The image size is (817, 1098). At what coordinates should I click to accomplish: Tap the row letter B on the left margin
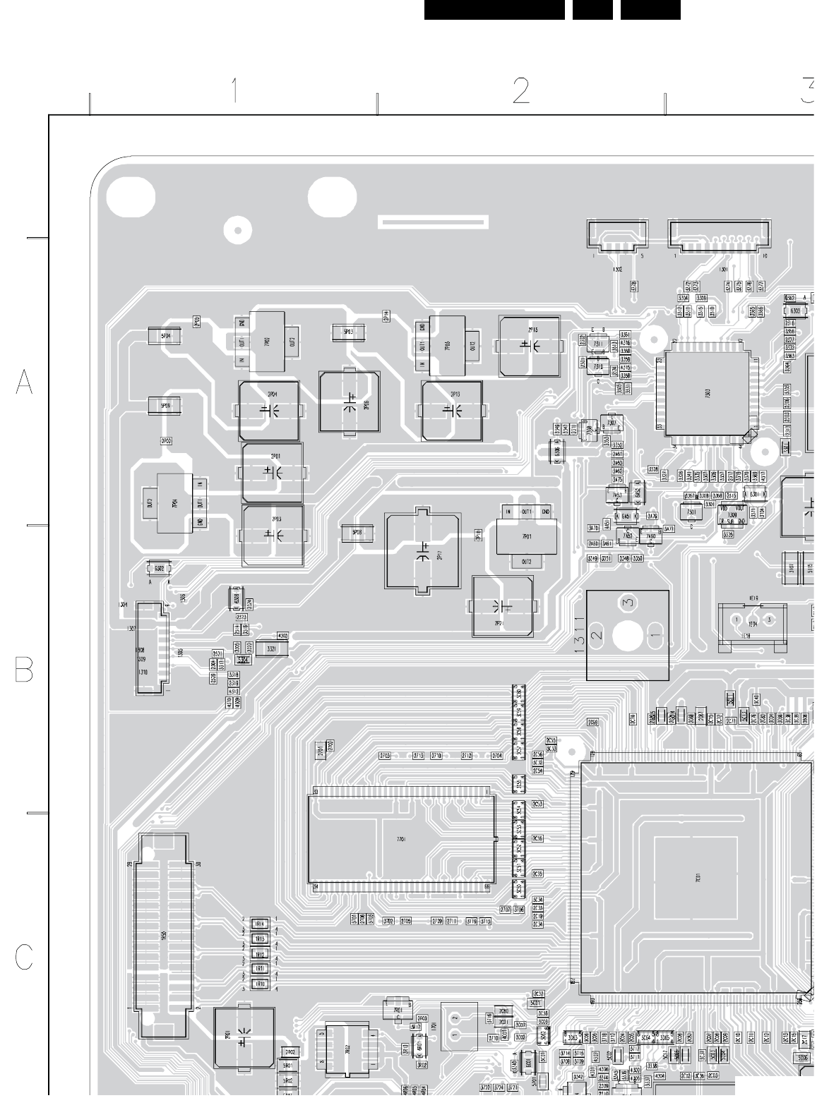(24, 670)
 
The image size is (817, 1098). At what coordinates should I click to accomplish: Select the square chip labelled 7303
(707, 393)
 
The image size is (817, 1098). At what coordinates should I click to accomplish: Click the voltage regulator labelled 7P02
(267, 342)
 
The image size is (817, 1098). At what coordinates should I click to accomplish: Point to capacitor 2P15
(529, 346)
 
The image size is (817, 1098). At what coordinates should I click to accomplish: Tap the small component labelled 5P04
(165, 337)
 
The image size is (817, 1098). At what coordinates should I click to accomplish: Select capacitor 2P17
(422, 551)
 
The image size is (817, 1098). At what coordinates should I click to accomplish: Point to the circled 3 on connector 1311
(628, 603)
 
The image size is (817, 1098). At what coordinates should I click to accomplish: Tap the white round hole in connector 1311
(627, 637)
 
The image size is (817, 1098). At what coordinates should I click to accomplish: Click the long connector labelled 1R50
(164, 936)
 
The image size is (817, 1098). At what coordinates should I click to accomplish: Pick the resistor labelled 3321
(271, 648)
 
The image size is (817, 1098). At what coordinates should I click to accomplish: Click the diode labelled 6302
(159, 569)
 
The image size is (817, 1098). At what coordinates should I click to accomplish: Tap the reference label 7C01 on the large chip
(698, 879)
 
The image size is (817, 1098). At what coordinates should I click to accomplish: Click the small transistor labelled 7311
(597, 345)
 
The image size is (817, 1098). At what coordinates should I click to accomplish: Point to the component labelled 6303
(795, 311)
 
